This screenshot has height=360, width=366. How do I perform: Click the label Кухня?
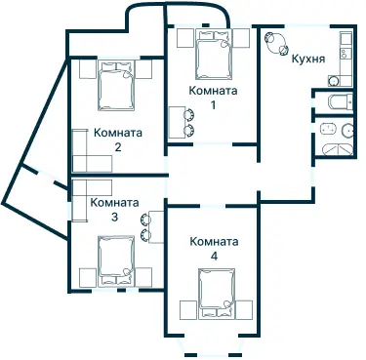click(307, 59)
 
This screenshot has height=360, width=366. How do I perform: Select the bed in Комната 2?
click(117, 86)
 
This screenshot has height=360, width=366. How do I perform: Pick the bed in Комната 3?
click(115, 260)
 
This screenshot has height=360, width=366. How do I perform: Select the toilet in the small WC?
click(335, 101)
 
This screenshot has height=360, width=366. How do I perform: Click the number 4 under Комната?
click(214, 256)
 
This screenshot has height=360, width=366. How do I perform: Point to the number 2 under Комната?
click(117, 147)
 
